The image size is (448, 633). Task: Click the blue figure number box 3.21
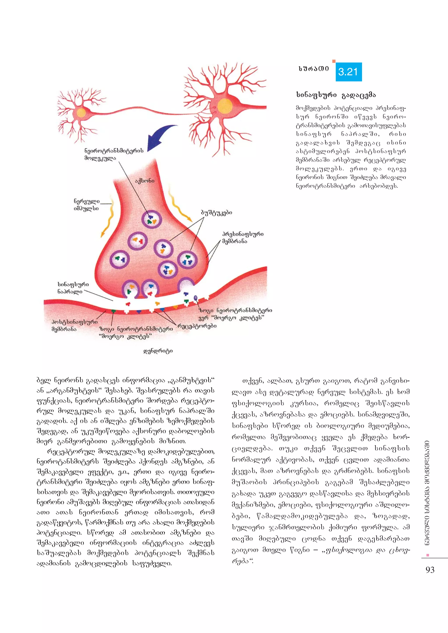pyautogui.click(x=348, y=72)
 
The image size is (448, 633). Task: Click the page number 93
pyautogui.click(x=430, y=570)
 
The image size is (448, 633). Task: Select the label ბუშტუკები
pyautogui.click(x=217, y=212)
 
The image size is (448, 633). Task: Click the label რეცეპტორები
pyautogui.click(x=197, y=326)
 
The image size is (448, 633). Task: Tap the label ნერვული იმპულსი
pyautogui.click(x=86, y=205)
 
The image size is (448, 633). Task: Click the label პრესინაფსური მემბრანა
pyautogui.click(x=243, y=237)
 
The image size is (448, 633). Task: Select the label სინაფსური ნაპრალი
pyautogui.click(x=73, y=288)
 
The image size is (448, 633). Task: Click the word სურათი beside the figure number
pyautogui.click(x=314, y=69)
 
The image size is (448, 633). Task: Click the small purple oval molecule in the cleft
pyautogui.click(x=196, y=298)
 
